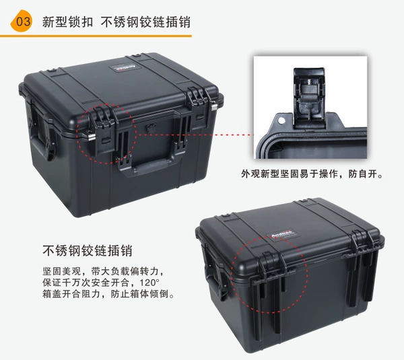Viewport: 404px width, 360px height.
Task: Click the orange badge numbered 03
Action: tap(22, 21)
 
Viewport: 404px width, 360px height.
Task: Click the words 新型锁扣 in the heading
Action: tap(67, 22)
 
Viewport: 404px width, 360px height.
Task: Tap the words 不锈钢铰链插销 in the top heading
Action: tap(145, 22)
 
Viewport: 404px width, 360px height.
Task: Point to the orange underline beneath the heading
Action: tap(96, 36)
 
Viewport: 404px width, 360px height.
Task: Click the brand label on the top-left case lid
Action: tap(123, 68)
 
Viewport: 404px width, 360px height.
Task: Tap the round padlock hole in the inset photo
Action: tap(281, 120)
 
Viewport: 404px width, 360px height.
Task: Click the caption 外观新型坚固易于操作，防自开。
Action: tap(312, 174)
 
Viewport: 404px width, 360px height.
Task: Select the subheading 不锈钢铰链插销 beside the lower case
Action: tap(88, 250)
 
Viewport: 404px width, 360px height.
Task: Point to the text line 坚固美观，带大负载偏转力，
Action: tap(103, 271)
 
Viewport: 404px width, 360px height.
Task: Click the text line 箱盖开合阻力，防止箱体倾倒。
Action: tap(108, 294)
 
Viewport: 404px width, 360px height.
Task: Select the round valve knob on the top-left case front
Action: tap(150, 128)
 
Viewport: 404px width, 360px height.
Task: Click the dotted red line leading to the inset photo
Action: tap(195, 135)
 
